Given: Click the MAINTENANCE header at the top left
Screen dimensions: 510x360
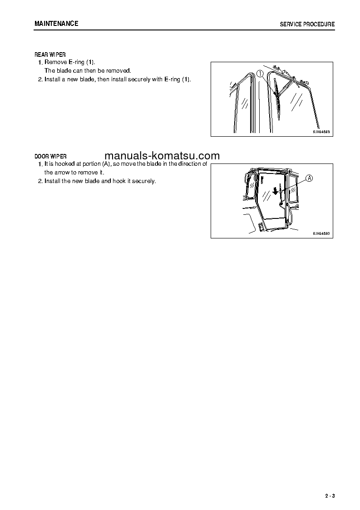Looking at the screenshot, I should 56,24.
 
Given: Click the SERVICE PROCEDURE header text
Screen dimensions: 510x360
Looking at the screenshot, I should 307,24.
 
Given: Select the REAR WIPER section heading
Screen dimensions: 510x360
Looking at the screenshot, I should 50,55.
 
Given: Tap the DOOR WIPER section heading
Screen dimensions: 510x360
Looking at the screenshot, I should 50,156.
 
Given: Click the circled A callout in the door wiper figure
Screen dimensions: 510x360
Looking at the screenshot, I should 309,178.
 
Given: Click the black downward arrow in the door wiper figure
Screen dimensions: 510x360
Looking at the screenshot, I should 275,191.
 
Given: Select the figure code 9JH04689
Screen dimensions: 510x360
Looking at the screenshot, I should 321,132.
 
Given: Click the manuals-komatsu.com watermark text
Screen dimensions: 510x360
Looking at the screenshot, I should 162,156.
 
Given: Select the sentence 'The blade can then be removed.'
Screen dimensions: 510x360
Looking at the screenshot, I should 87,71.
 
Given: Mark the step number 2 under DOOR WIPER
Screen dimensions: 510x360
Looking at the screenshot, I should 39,181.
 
